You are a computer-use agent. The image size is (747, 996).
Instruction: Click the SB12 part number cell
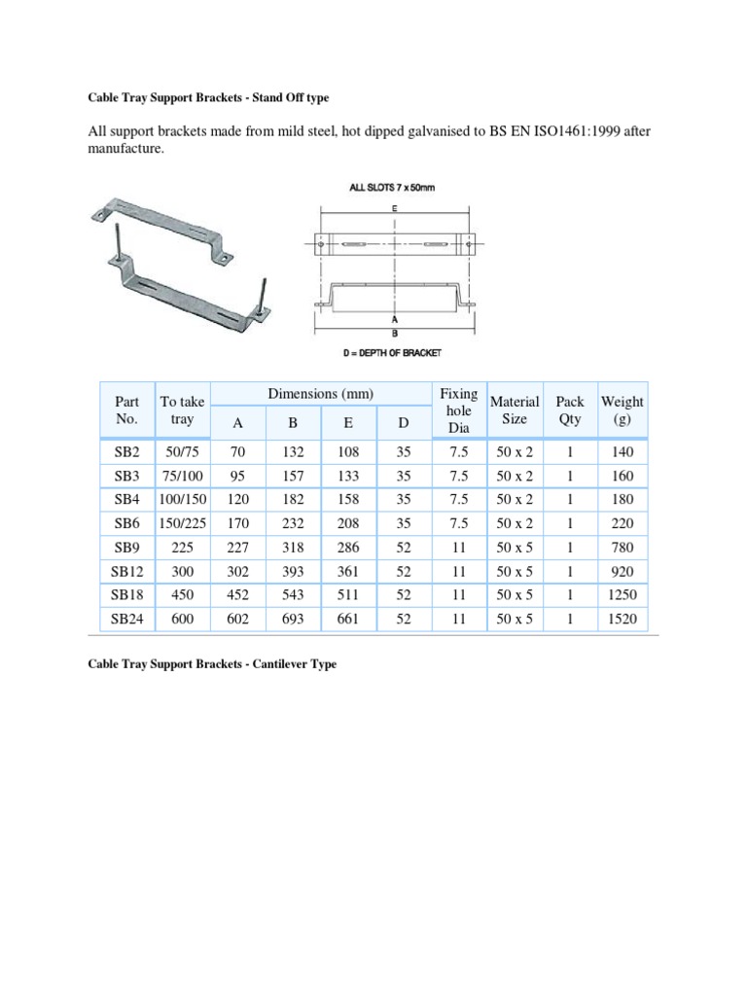tap(126, 570)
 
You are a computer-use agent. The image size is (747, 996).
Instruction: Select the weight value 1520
tap(623, 617)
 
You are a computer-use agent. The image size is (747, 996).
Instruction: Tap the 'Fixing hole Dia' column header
tap(458, 409)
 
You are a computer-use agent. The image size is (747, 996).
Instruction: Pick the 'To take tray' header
tap(182, 409)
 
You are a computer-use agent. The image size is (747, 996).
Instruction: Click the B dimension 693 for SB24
tap(293, 617)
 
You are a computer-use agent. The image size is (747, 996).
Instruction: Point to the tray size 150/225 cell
tap(182, 522)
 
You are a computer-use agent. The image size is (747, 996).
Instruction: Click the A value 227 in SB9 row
tap(237, 547)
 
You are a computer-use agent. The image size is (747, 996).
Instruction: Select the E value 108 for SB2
tap(347, 452)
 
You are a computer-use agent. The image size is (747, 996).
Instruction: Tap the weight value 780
tap(623, 547)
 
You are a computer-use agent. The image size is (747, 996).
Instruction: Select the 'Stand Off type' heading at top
tap(293, 98)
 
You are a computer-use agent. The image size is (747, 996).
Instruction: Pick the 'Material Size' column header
tap(515, 409)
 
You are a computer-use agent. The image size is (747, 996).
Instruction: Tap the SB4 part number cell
tap(126, 499)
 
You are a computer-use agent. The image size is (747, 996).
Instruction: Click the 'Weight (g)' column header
tap(622, 409)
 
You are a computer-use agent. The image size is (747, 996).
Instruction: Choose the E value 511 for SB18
tap(347, 593)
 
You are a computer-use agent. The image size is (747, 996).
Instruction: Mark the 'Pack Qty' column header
tap(569, 409)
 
